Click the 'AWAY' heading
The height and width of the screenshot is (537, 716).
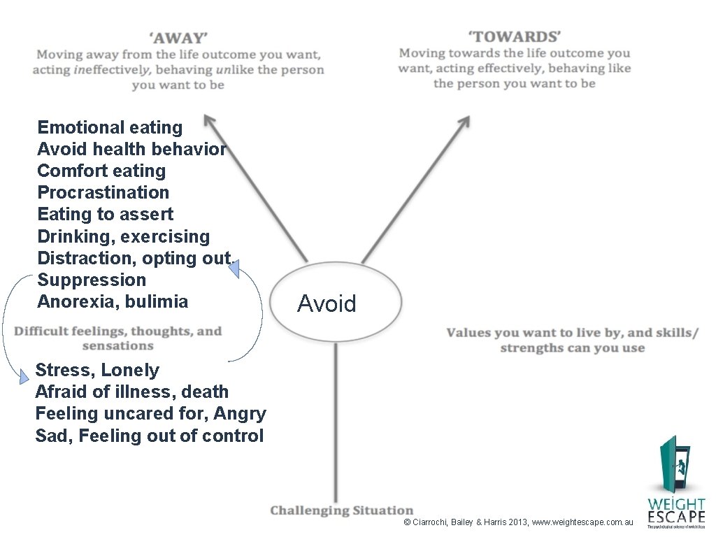point(178,37)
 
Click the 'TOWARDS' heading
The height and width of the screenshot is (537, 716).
point(514,36)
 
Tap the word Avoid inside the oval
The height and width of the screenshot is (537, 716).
point(327,303)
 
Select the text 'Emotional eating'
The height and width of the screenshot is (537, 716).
point(110,127)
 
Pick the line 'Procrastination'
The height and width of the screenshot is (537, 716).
point(103,192)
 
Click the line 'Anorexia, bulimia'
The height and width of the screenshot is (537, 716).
point(113,301)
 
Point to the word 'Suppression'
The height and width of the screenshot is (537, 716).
point(92,280)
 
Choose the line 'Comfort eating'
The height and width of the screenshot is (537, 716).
point(101,171)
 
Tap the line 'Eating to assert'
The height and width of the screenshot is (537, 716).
point(105,214)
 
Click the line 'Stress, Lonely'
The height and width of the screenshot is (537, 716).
point(97,370)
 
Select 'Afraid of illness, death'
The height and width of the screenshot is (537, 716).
point(131,392)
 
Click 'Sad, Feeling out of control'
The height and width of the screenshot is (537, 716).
point(149,436)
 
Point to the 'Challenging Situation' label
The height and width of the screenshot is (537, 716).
point(342,510)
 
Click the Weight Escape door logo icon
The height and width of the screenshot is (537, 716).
point(674,465)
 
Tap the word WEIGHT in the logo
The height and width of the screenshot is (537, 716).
point(675,503)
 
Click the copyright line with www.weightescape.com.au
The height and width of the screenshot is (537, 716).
point(518,522)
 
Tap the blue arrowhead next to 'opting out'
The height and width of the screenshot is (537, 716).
point(236,269)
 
